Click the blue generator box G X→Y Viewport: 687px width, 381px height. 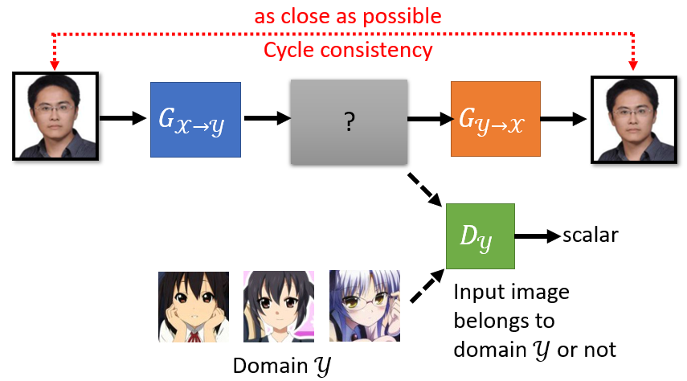pos(195,119)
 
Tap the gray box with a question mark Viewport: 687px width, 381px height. pos(350,119)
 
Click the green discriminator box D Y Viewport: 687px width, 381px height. pos(480,236)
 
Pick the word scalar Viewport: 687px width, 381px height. pos(591,236)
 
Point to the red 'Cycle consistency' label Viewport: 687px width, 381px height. pos(348,51)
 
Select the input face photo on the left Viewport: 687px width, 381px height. pos(55,116)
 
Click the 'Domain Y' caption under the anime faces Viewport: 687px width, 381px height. pos(280,365)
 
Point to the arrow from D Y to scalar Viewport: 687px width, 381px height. pos(536,236)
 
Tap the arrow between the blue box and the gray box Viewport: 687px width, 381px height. pos(265,119)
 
